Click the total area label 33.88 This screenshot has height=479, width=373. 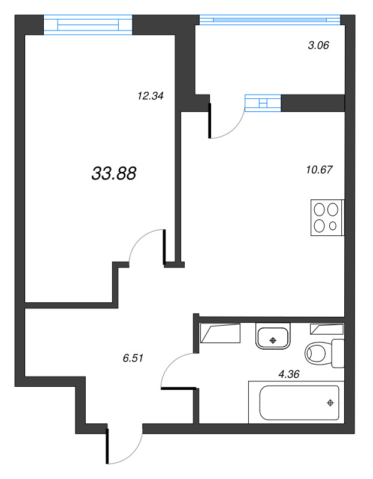pyautogui.click(x=114, y=174)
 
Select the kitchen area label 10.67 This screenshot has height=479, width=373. pyautogui.click(x=318, y=169)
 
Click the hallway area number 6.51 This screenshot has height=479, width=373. pyautogui.click(x=135, y=357)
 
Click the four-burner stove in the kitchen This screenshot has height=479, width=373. pyautogui.click(x=326, y=217)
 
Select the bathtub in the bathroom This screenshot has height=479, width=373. pyautogui.click(x=294, y=402)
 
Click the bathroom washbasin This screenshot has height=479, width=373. pyautogui.click(x=273, y=335)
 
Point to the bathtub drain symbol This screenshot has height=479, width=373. pyautogui.click(x=330, y=403)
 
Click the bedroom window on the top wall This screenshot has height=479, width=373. pyautogui.click(x=88, y=25)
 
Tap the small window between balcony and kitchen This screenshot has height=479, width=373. pyautogui.click(x=263, y=103)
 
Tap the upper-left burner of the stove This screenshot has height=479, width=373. pyautogui.click(x=319, y=210)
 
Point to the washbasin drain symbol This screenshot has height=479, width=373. pyautogui.click(x=273, y=340)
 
